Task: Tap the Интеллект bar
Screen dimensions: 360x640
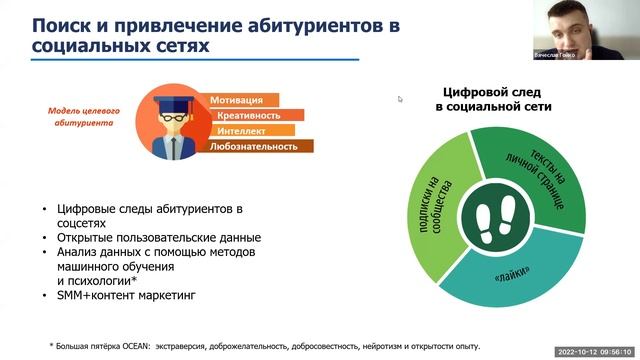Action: coord(250,130)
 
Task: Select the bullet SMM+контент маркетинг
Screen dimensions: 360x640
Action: coord(104,297)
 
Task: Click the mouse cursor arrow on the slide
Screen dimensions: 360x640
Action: coord(400,98)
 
